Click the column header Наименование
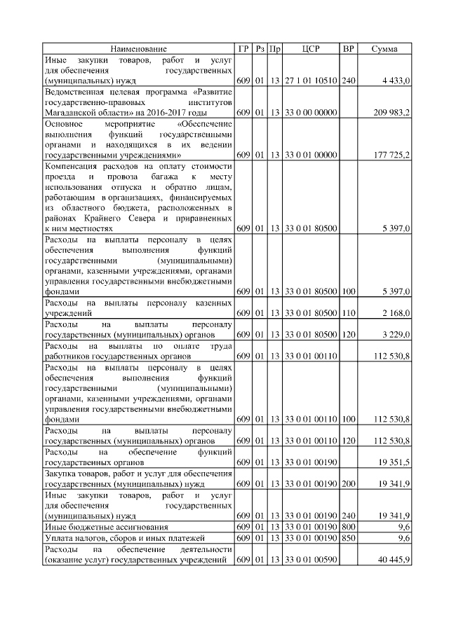pos(138,49)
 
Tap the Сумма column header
pos(384,49)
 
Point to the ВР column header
pos(348,49)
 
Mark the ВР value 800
pos(348,526)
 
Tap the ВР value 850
pos(348,537)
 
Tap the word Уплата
pos(58,537)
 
